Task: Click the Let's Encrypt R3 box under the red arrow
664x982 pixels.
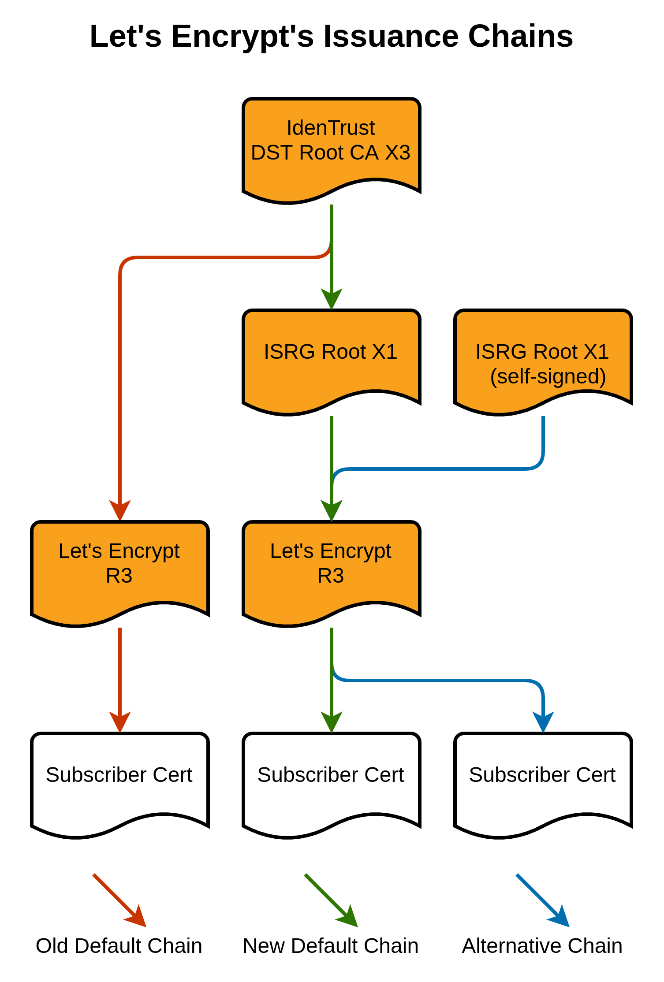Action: [119, 569]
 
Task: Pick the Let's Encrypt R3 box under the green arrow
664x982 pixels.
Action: [331, 569]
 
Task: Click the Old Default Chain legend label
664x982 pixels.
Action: [119, 946]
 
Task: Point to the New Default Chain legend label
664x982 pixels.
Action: [331, 946]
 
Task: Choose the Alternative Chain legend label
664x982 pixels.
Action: [542, 946]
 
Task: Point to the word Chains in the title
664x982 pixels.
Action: [520, 36]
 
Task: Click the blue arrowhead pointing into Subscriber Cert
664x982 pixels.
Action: [543, 722]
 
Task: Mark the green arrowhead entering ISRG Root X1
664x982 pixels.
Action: [332, 298]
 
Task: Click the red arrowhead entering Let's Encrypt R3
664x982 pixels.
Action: [120, 510]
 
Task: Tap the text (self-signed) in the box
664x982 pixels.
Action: [548, 376]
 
